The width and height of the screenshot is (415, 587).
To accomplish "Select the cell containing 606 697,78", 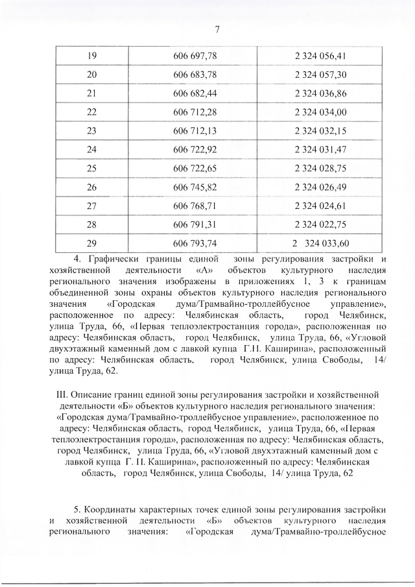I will point(195,56).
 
